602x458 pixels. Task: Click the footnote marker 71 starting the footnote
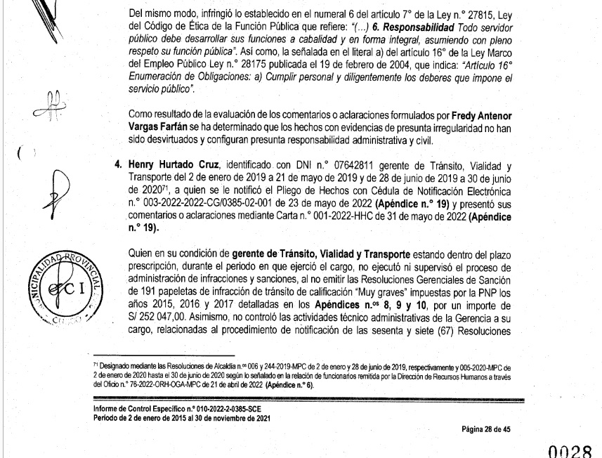98,366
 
